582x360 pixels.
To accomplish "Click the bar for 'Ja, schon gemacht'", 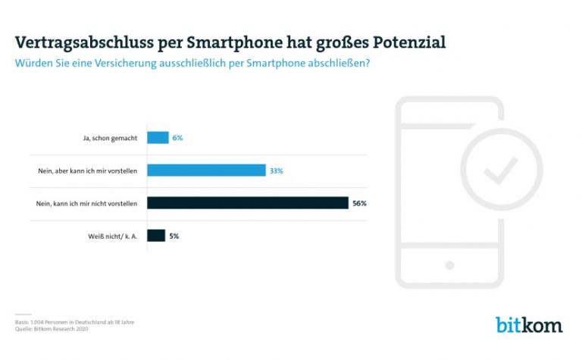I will (158, 138).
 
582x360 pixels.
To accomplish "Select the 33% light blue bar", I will (206, 171).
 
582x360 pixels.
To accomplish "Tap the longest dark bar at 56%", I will (248, 203).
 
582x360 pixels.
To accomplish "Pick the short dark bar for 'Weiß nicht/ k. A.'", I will (155, 236).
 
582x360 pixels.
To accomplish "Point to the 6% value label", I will (177, 138).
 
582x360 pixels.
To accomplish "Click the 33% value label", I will (276, 171).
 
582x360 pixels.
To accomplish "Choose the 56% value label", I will (359, 203).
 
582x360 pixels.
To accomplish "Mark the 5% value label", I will (174, 236).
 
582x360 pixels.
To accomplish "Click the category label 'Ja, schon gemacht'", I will (111, 138).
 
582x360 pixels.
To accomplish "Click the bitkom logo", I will (529, 325).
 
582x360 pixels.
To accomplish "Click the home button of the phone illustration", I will (449, 265).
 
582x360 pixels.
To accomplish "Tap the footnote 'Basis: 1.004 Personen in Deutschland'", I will (74, 321).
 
